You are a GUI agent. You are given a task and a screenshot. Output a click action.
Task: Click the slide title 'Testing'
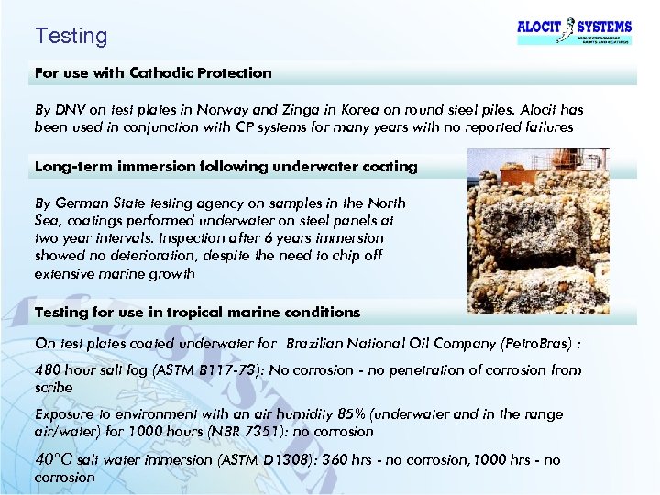pos(71,37)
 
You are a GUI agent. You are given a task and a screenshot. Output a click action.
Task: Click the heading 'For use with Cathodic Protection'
pos(153,72)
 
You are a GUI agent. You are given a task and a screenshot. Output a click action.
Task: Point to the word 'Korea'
pos(373,110)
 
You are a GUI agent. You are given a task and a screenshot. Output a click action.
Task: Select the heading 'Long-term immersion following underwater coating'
pos(225,167)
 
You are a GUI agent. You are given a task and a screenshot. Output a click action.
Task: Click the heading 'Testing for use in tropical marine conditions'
pos(197,313)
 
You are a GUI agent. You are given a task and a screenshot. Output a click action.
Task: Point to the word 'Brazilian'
pos(316,345)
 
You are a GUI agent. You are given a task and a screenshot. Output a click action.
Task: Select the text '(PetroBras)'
pos(542,345)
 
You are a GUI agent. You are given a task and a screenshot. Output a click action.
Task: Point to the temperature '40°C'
pos(54,458)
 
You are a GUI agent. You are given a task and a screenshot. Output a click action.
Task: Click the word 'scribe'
pos(53,388)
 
